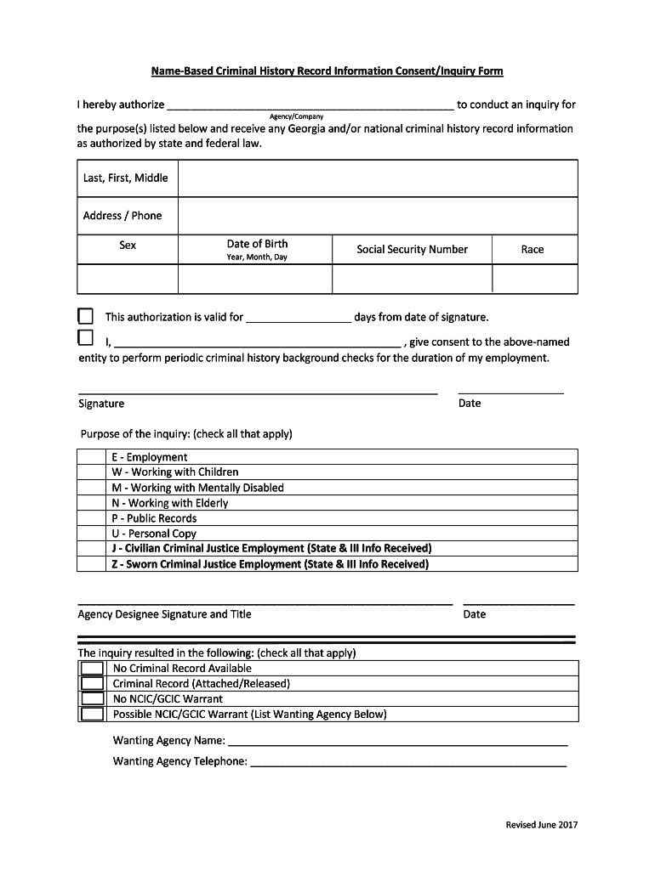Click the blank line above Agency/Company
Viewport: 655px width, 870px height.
310,106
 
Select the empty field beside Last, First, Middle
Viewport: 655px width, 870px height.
378,178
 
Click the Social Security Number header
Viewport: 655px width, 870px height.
412,249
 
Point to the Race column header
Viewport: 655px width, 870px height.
533,249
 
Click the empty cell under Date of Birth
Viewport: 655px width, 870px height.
255,279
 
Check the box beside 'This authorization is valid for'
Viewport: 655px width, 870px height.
85,317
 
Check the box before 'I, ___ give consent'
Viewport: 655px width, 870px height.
85,338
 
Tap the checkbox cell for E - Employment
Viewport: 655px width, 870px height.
92,457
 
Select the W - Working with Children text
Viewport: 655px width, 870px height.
175,472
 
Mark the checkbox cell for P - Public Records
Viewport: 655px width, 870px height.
92,518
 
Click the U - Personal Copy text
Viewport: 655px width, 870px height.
154,534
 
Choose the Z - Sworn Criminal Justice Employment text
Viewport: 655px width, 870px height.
271,564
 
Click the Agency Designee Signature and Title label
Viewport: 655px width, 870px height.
165,614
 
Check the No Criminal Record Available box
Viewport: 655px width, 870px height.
92,668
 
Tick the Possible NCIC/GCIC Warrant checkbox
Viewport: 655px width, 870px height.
92,714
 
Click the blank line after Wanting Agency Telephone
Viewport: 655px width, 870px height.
408,762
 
